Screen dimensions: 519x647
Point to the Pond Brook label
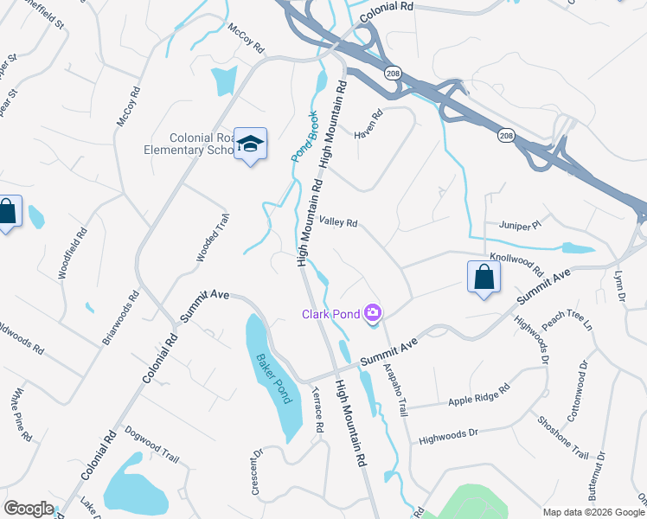pos(302,136)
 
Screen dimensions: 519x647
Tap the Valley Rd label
pos(338,222)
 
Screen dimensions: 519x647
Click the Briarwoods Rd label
pos(120,317)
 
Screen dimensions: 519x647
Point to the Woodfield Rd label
pos(74,253)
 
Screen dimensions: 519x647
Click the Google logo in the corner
pos(29,508)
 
